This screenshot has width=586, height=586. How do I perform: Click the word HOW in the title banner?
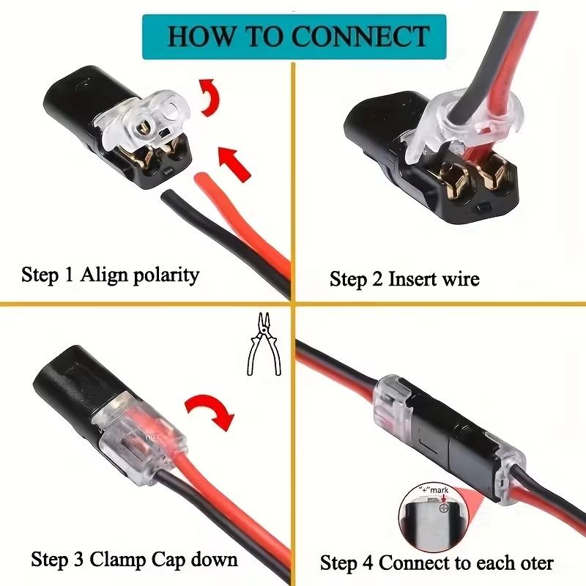click(x=195, y=36)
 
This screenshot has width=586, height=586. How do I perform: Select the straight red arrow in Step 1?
click(x=234, y=162)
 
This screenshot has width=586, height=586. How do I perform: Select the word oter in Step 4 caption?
click(x=535, y=563)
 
